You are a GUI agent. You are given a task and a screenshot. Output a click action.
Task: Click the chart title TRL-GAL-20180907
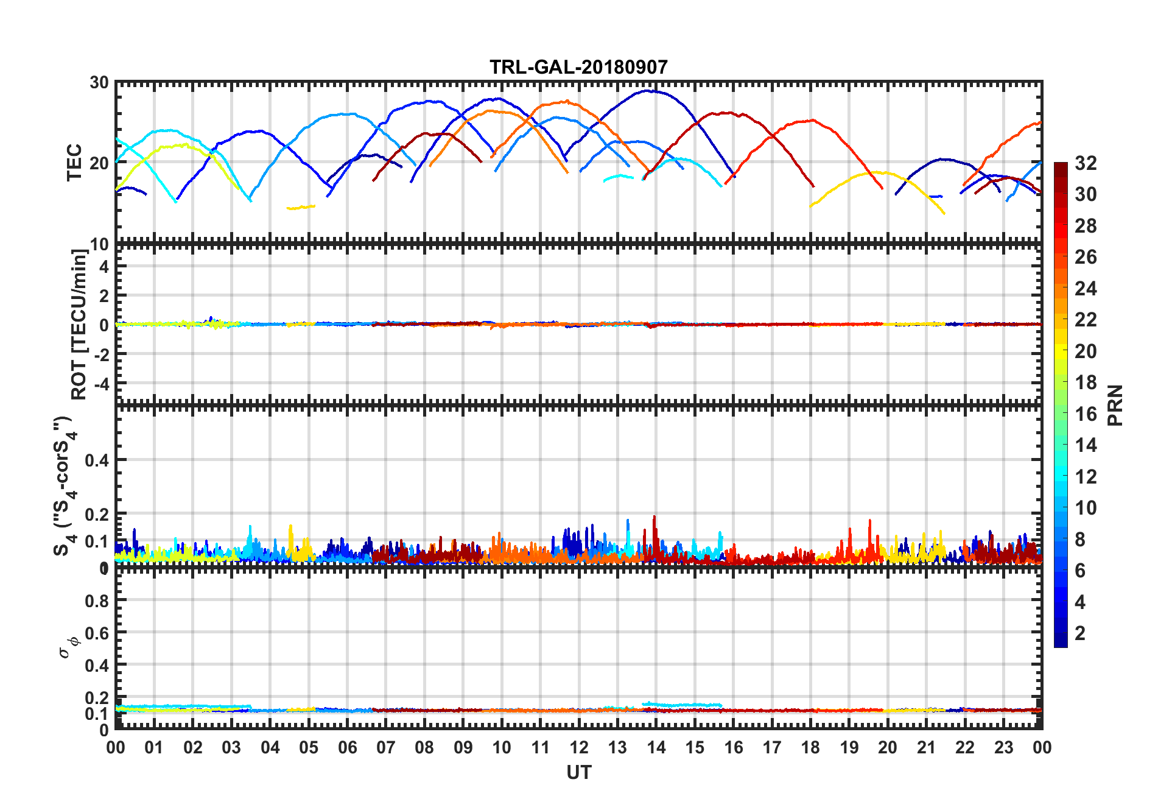pyautogui.click(x=578, y=66)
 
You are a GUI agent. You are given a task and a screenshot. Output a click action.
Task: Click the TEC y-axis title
pyautogui.click(x=74, y=163)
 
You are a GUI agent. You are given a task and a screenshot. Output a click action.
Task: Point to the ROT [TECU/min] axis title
pyautogui.click(x=79, y=324)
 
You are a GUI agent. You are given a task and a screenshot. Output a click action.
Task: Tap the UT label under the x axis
pyautogui.click(x=578, y=773)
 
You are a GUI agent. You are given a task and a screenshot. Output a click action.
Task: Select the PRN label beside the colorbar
pyautogui.click(x=1115, y=405)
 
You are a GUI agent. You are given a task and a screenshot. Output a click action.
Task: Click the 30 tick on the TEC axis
pyautogui.click(x=99, y=83)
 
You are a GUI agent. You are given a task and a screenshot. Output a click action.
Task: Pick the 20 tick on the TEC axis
pyautogui.click(x=99, y=163)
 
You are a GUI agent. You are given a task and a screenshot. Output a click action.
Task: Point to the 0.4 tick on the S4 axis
pyautogui.click(x=97, y=460)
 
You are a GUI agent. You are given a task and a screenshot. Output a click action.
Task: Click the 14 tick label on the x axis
pyautogui.click(x=656, y=748)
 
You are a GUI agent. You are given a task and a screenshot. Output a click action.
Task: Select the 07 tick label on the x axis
pyautogui.click(x=385, y=748)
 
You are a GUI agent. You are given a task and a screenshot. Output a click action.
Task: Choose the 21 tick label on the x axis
pyautogui.click(x=926, y=748)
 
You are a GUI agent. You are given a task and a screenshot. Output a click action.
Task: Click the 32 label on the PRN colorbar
pyautogui.click(x=1086, y=163)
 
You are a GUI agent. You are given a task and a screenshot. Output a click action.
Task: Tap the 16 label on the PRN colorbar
pyautogui.click(x=1086, y=414)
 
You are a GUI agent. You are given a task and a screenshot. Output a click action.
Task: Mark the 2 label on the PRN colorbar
pyautogui.click(x=1080, y=633)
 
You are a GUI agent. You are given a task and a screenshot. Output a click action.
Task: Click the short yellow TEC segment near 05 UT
pyautogui.click(x=301, y=208)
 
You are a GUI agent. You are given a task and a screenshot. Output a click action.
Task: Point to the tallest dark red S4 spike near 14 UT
pyautogui.click(x=654, y=517)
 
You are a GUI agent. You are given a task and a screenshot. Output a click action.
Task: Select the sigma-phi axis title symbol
pyautogui.click(x=69, y=647)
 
